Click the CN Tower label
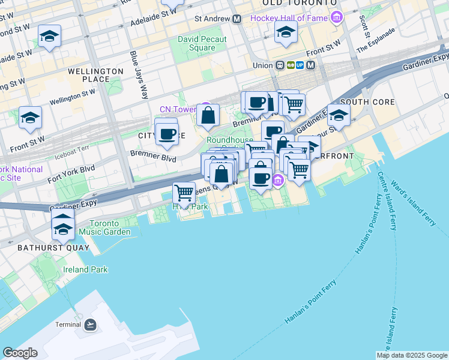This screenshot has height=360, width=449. click(x=178, y=109)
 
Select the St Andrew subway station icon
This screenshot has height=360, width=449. click(x=237, y=19)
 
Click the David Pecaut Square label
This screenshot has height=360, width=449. click(x=196, y=43)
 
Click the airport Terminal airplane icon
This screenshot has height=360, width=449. click(x=90, y=325)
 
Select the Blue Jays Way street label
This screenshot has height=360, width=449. click(x=139, y=74)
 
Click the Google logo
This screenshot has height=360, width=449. click(x=20, y=353)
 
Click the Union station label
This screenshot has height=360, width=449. click(x=262, y=65)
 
